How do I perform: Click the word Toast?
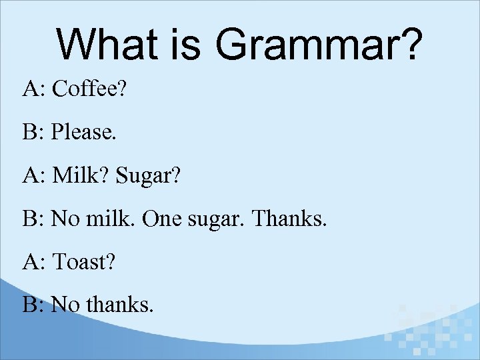tap(84, 262)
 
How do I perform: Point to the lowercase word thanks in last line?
tap(119, 305)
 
